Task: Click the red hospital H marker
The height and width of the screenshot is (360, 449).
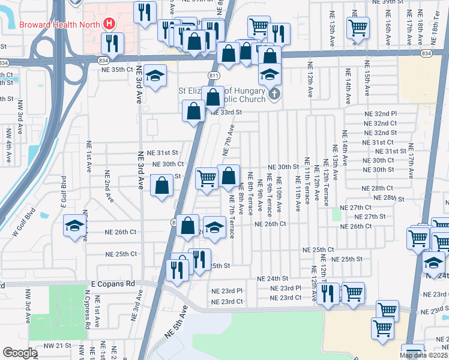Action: (109, 24)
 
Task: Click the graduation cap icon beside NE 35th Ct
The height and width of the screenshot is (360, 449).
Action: (155, 76)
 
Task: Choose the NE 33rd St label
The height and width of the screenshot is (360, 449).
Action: (226, 112)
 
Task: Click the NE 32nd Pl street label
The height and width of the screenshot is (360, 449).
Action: (381, 113)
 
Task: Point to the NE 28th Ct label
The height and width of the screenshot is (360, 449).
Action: (377, 188)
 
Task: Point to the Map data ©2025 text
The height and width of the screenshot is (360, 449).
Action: (423, 355)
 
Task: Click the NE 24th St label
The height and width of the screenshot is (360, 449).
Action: (273, 279)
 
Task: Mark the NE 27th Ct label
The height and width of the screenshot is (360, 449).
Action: (356, 208)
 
